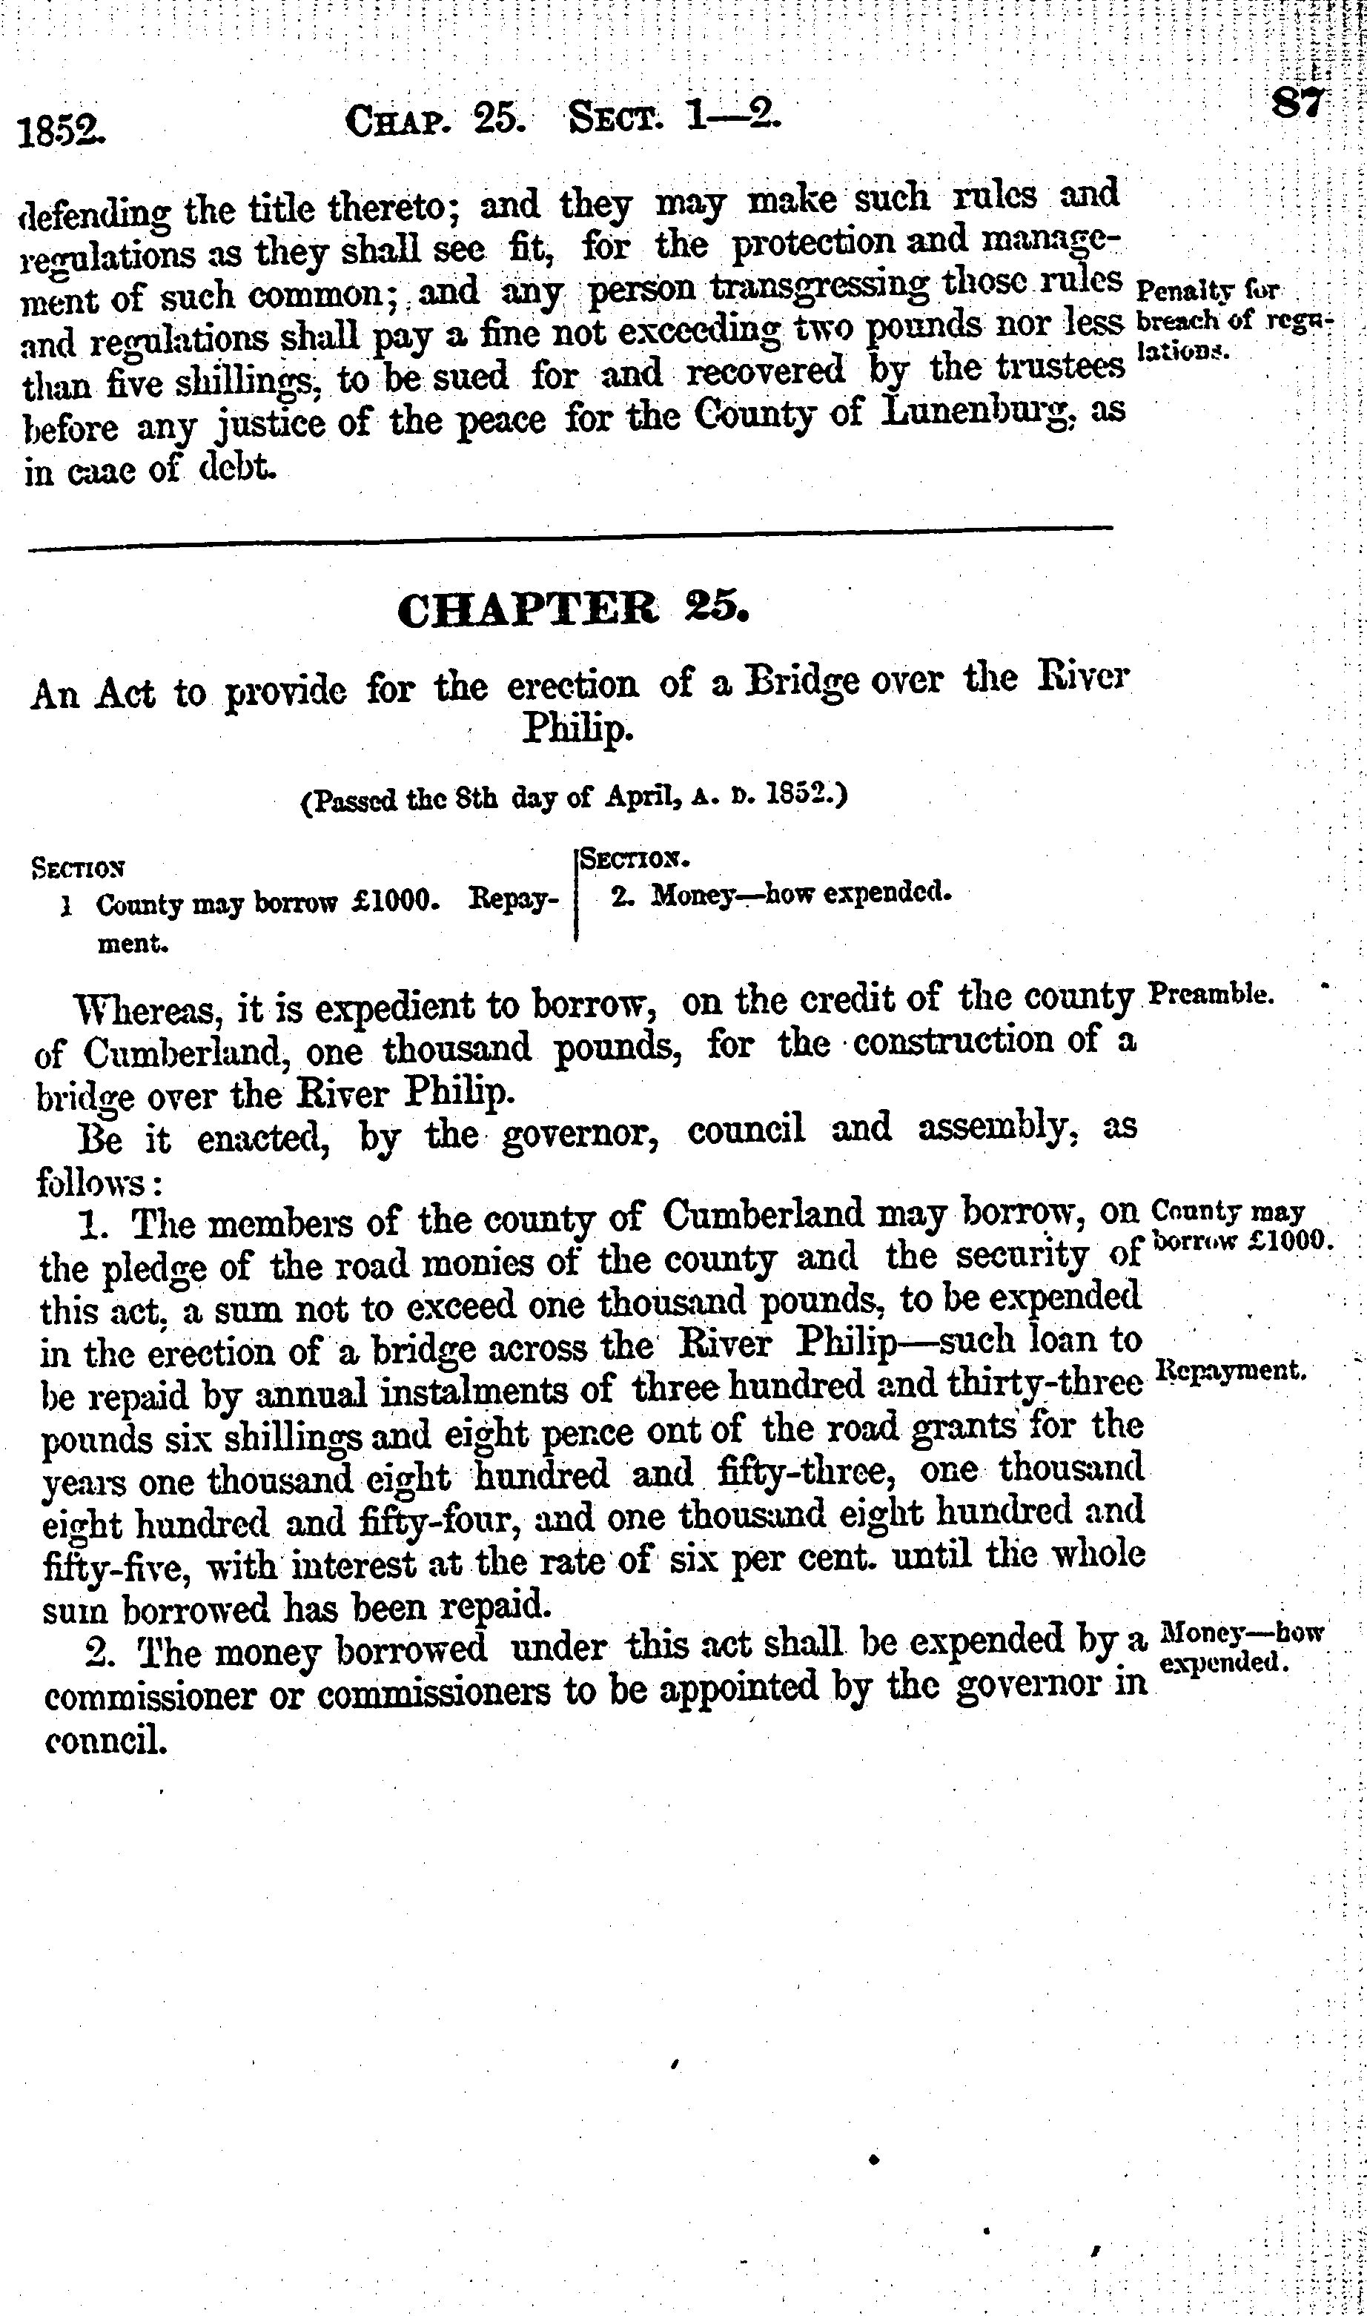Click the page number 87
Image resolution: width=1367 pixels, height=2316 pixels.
[x=1297, y=102]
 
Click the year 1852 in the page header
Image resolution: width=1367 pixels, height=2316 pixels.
[x=62, y=132]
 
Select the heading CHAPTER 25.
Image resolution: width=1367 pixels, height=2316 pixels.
[x=573, y=611]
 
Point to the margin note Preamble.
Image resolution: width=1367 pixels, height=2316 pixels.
[x=1212, y=996]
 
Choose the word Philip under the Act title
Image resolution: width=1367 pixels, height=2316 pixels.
[x=577, y=729]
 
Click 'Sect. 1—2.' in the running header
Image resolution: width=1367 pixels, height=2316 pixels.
[x=673, y=118]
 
